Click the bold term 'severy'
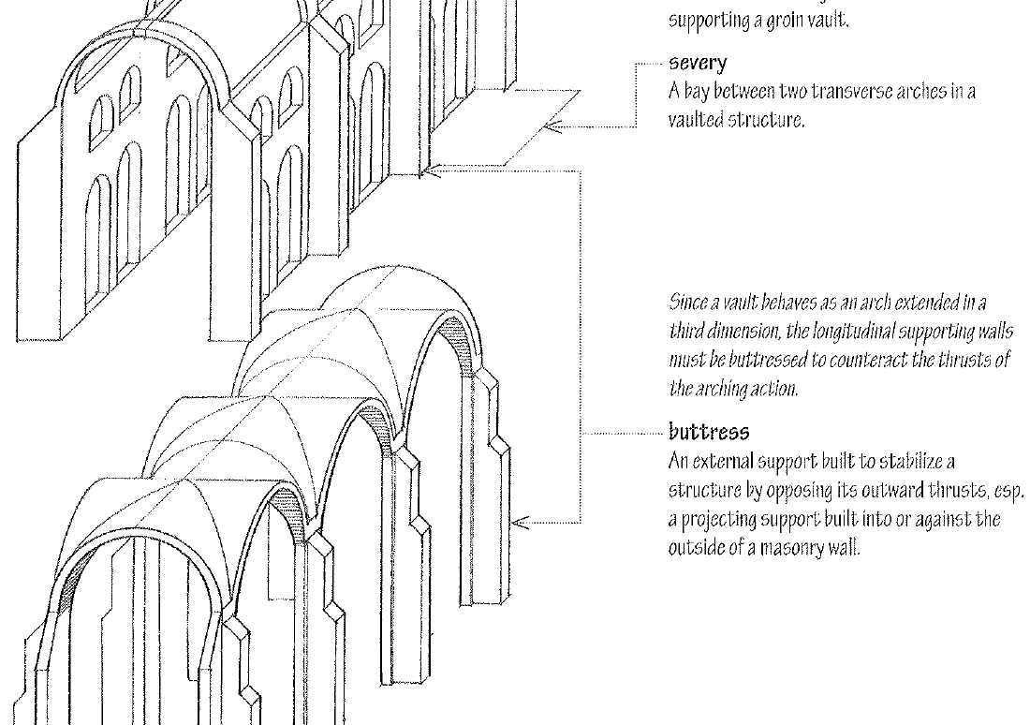(x=697, y=65)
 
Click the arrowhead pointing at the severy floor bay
(x=553, y=125)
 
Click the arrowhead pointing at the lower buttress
(x=522, y=522)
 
